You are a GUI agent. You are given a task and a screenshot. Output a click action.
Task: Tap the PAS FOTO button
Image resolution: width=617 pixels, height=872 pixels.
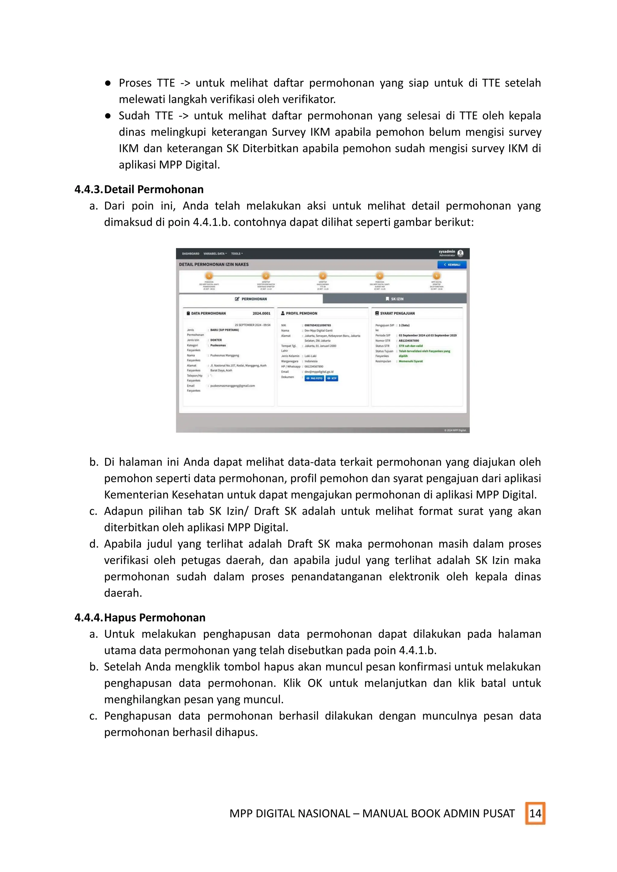click(314, 378)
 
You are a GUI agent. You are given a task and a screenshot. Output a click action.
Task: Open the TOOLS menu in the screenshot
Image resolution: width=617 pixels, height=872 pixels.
click(237, 253)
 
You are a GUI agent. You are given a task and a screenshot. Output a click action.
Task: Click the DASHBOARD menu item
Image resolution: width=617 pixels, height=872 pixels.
click(190, 253)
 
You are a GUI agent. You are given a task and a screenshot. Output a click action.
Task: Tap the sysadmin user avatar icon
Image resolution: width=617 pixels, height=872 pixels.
click(460, 253)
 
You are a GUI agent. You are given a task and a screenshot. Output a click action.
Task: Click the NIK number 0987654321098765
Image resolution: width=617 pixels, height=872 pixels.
click(318, 326)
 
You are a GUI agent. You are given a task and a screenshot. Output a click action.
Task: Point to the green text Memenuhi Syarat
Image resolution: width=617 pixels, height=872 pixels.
click(410, 361)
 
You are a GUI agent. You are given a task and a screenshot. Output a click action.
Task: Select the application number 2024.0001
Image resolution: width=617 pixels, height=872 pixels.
click(262, 313)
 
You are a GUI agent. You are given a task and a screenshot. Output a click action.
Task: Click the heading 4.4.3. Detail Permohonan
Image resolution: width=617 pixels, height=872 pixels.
click(139, 189)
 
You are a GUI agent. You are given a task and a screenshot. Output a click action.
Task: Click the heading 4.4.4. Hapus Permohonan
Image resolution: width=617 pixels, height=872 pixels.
click(140, 617)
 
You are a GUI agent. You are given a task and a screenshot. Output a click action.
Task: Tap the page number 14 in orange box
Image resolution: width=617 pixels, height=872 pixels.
click(535, 813)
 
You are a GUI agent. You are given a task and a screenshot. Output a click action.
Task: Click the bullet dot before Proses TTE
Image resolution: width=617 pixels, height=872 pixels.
click(108, 83)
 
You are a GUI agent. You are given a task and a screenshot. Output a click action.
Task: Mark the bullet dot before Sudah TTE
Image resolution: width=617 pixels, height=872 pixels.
click(108, 115)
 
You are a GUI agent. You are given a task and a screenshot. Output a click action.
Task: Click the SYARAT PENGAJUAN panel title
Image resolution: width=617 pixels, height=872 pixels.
click(397, 313)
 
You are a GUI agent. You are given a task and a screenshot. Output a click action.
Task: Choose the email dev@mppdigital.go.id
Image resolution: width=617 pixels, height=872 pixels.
click(319, 372)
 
